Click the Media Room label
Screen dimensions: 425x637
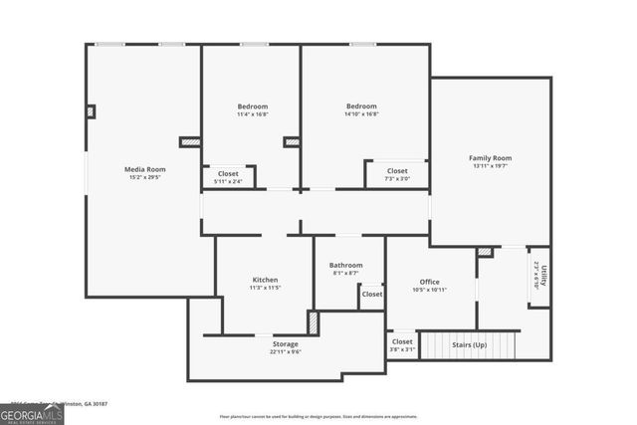[x=144, y=169]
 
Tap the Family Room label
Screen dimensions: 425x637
[x=490, y=158]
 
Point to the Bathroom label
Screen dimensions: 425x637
[x=346, y=265]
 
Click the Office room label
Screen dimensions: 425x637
[x=429, y=282]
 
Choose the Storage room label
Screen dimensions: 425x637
[x=285, y=344]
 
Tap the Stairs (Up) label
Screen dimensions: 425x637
[x=469, y=344]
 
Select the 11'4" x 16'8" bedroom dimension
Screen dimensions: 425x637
[x=252, y=114]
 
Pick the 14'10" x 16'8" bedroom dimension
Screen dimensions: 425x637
[x=361, y=114]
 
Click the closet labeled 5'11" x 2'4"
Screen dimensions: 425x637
[x=228, y=181]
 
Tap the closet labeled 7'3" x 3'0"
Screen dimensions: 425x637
[x=397, y=179]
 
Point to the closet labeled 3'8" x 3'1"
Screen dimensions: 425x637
[x=402, y=349]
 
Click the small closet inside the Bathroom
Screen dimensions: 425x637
[x=371, y=295]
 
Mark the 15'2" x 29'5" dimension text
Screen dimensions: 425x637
[x=144, y=178]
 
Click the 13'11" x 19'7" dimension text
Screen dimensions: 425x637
[x=490, y=167]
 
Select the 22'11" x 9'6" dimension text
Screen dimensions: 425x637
[x=285, y=351]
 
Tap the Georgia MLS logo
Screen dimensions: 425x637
[x=32, y=412]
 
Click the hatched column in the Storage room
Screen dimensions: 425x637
[x=312, y=323]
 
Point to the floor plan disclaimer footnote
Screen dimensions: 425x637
[x=318, y=416]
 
